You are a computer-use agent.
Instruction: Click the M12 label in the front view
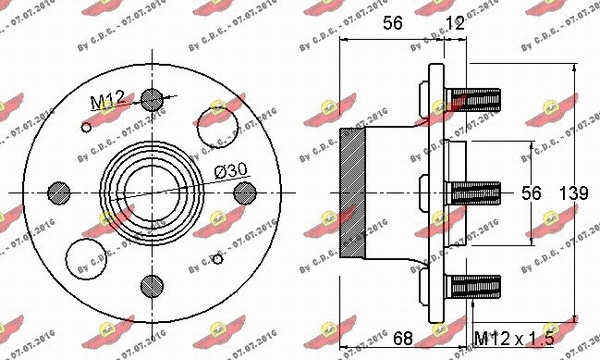[x=105, y=100]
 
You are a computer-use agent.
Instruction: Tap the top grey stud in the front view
[x=151, y=98]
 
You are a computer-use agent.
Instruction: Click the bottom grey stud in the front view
[x=151, y=282]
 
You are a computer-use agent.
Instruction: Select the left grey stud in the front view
[x=59, y=190]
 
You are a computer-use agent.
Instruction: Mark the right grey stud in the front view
[x=243, y=190]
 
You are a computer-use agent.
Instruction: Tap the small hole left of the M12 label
[x=86, y=126]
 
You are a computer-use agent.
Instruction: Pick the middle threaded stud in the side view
[x=475, y=187]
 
